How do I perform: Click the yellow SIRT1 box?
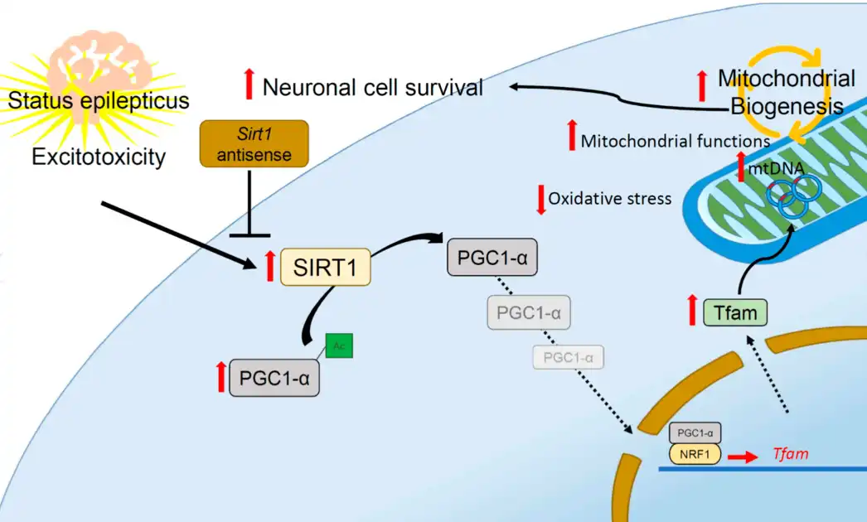(326, 267)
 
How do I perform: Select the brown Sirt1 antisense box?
(254, 143)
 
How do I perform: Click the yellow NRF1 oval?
(694, 455)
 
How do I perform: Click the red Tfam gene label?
(790, 454)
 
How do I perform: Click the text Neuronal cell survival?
(372, 87)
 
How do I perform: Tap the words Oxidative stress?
(609, 199)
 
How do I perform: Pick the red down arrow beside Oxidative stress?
(542, 200)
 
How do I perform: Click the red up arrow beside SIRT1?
(269, 266)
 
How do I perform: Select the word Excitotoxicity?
(99, 156)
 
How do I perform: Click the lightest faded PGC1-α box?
(568, 357)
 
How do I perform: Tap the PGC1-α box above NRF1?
(695, 433)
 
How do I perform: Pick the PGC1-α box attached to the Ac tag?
(274, 378)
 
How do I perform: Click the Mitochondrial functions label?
(675, 141)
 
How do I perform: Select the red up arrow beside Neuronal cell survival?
(248, 85)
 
